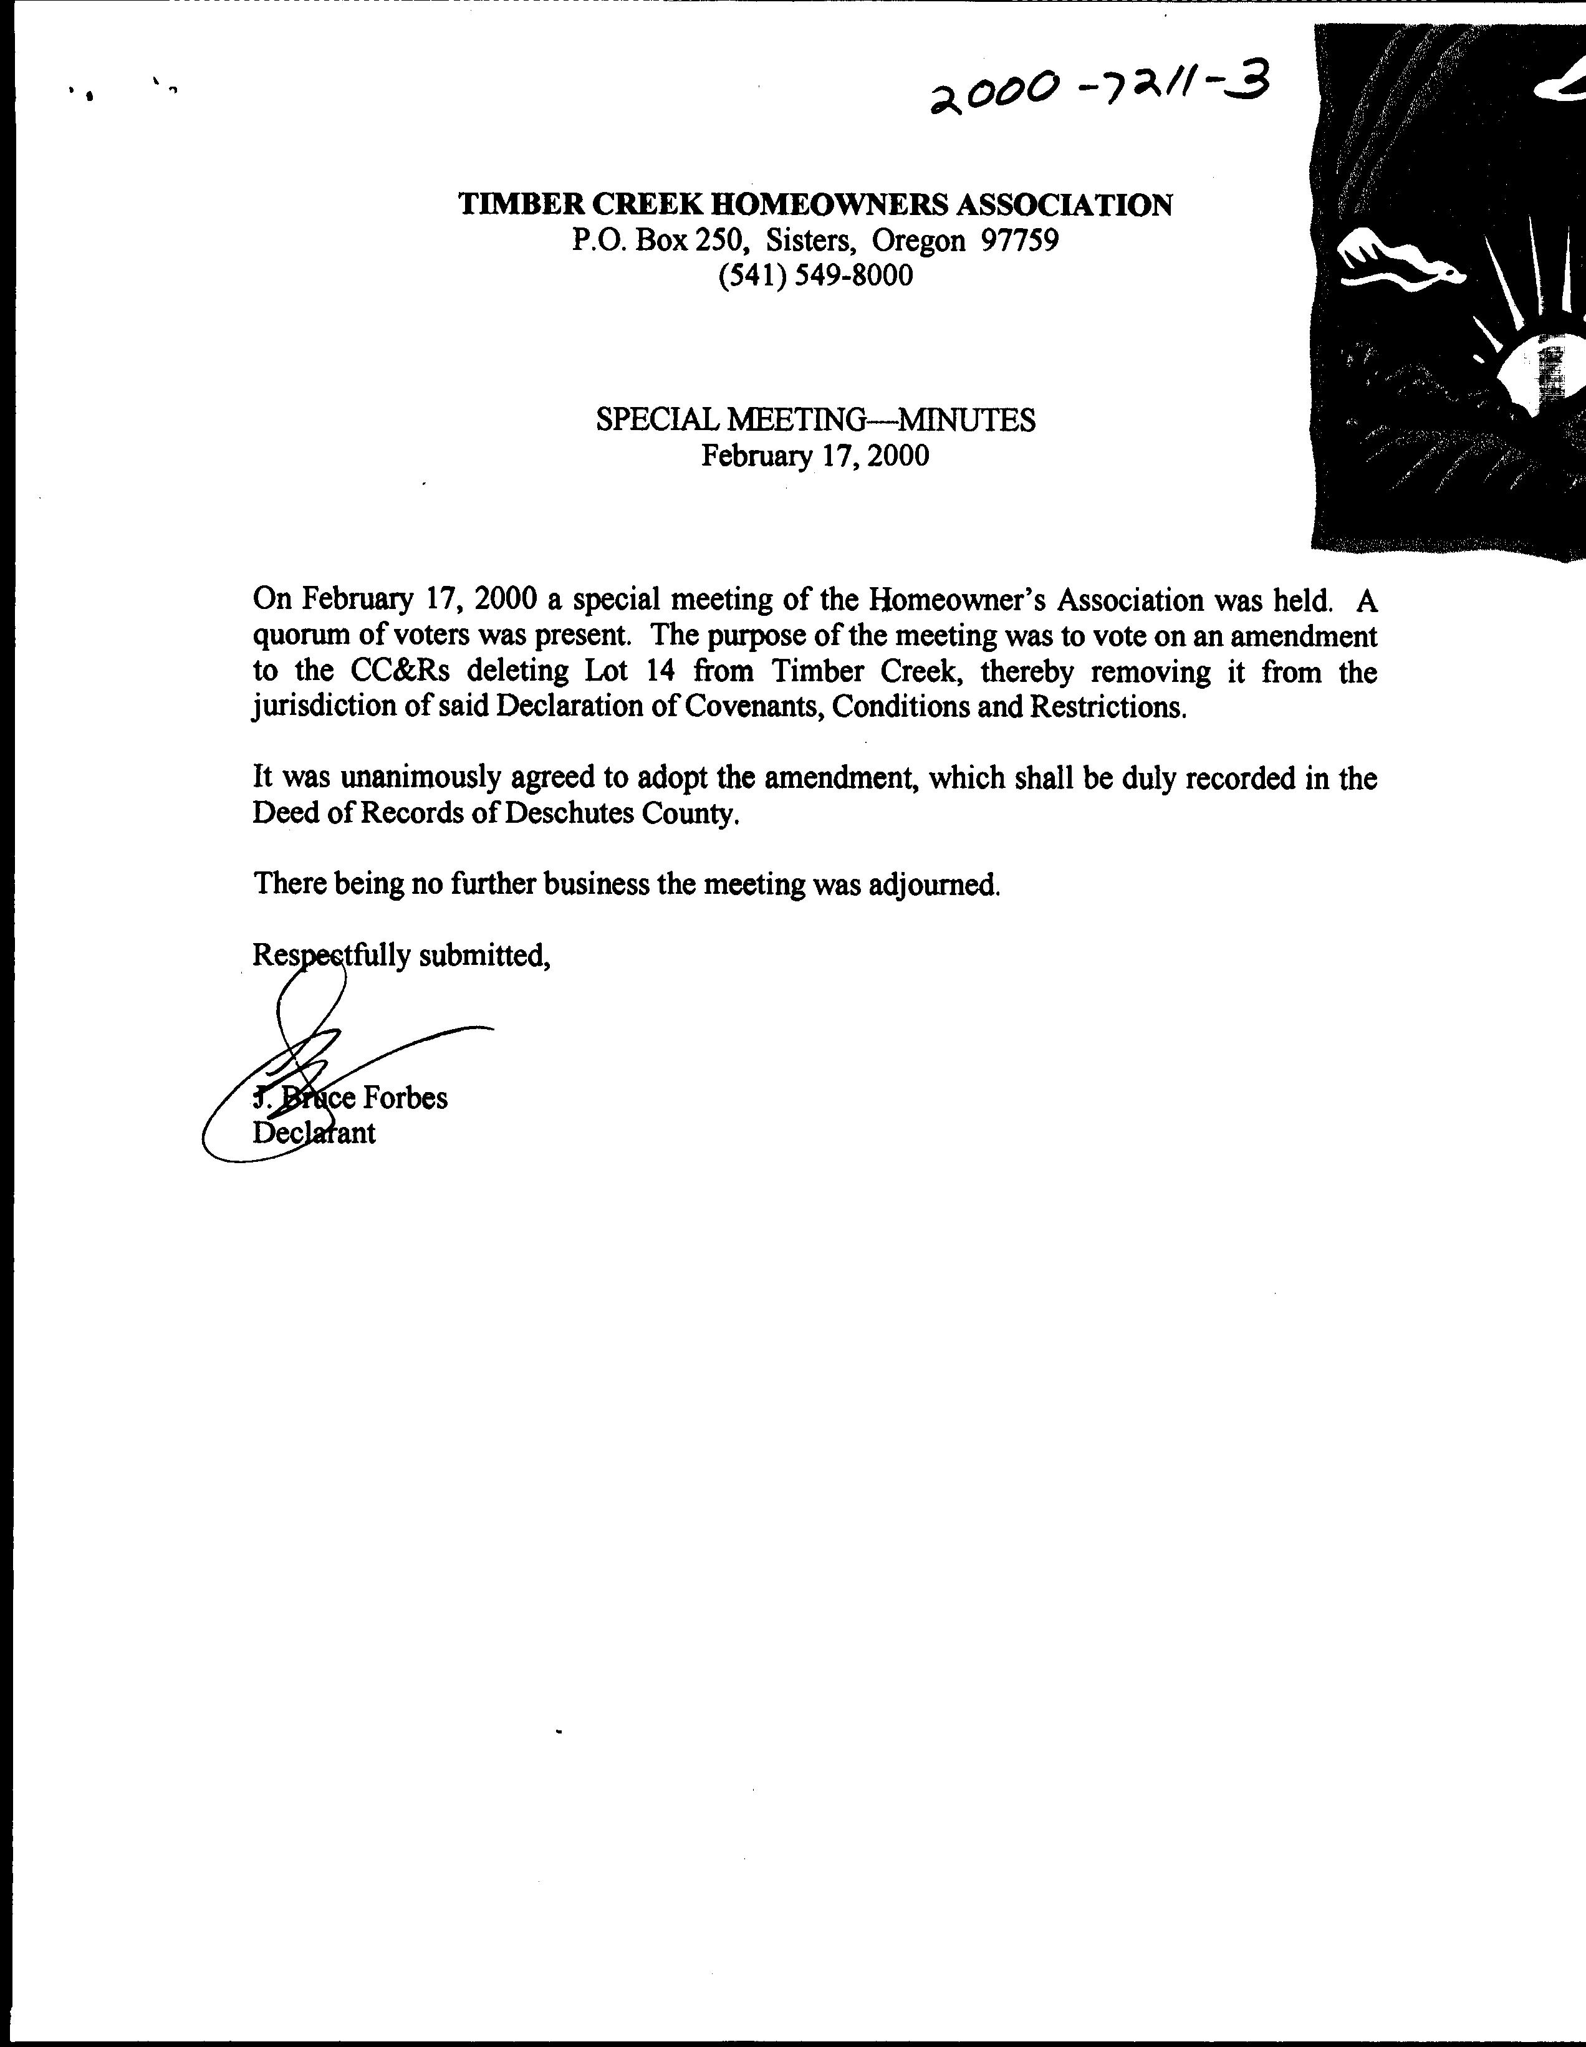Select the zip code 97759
[x=1020, y=241]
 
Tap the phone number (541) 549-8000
[x=815, y=276]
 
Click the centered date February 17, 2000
[x=815, y=456]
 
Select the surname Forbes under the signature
[x=405, y=1098]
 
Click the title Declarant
[x=314, y=1133]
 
